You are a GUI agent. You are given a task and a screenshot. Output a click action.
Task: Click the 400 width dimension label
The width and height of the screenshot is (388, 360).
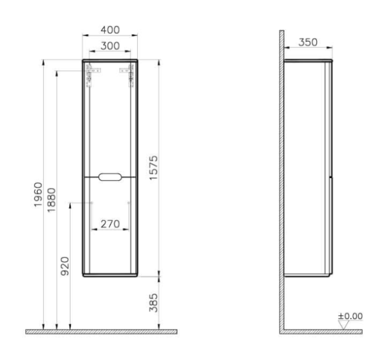coord(110,30)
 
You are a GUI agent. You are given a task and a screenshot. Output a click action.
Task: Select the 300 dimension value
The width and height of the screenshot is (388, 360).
coord(110,46)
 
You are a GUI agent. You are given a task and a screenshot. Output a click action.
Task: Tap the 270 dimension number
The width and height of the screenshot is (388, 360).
coord(110,224)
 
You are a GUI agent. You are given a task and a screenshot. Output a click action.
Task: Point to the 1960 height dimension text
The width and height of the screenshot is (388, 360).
coord(38,194)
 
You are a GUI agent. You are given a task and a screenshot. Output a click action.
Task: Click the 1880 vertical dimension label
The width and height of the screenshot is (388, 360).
coord(52,200)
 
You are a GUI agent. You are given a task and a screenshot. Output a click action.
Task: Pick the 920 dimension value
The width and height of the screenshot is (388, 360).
coord(65,266)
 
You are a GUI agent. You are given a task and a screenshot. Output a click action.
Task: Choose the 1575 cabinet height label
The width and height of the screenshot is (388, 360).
coord(153,168)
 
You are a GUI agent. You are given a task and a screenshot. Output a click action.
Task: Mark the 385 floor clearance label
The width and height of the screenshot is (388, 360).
coord(153,303)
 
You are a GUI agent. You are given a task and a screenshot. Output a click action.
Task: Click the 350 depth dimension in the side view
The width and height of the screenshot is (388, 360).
coord(308,42)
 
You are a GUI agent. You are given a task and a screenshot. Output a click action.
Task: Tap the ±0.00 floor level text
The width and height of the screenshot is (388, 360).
coord(350,316)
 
